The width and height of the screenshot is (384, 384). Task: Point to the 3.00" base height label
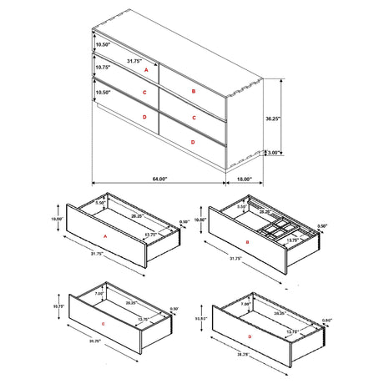(274, 153)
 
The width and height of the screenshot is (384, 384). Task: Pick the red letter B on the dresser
(194, 91)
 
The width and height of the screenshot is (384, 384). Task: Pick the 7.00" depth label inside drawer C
(99, 294)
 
